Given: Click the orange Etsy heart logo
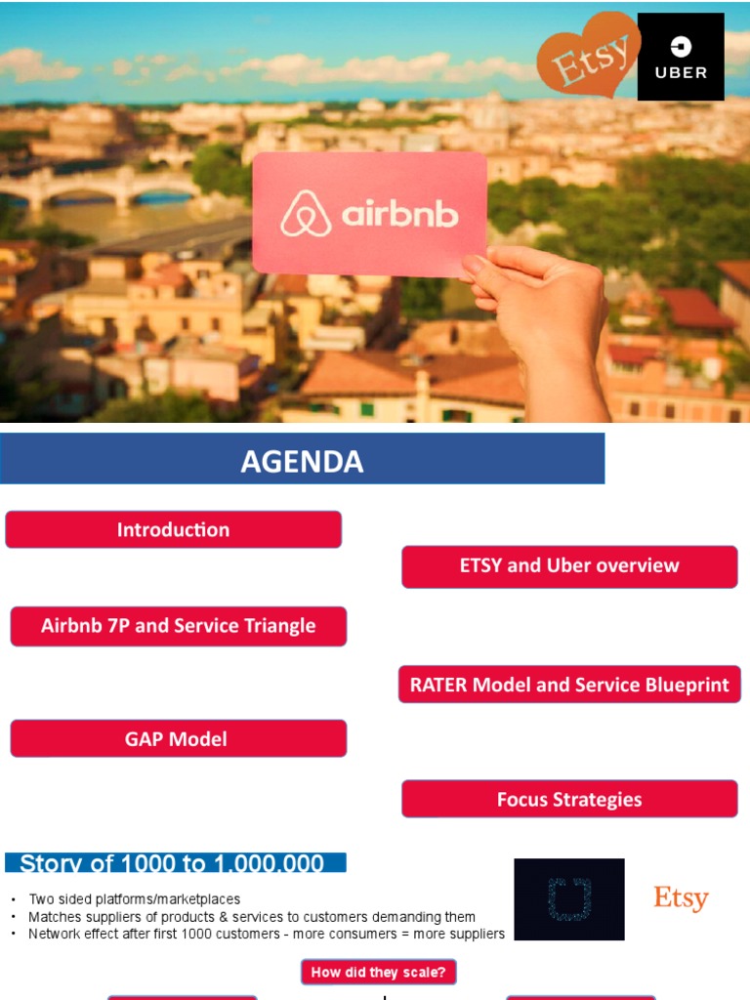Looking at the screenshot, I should (588, 55).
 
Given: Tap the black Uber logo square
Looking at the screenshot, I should (681, 57).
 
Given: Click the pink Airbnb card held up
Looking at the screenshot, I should (369, 213).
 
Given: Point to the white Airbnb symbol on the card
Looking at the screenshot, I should (306, 214).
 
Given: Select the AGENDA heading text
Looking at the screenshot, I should (302, 461).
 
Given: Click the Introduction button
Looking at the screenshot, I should (174, 529).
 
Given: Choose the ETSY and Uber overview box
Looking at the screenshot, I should (569, 565).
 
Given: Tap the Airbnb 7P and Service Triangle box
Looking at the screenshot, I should (179, 626).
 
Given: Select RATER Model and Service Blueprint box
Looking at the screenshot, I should (569, 685).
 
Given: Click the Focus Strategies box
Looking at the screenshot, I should (569, 799).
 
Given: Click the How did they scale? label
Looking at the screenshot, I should (378, 972).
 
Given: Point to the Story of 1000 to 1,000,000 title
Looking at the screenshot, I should (176, 863).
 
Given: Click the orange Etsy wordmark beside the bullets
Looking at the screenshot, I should (681, 898).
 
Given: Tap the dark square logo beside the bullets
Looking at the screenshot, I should (568, 899).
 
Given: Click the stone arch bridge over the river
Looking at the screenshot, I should (98, 186).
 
